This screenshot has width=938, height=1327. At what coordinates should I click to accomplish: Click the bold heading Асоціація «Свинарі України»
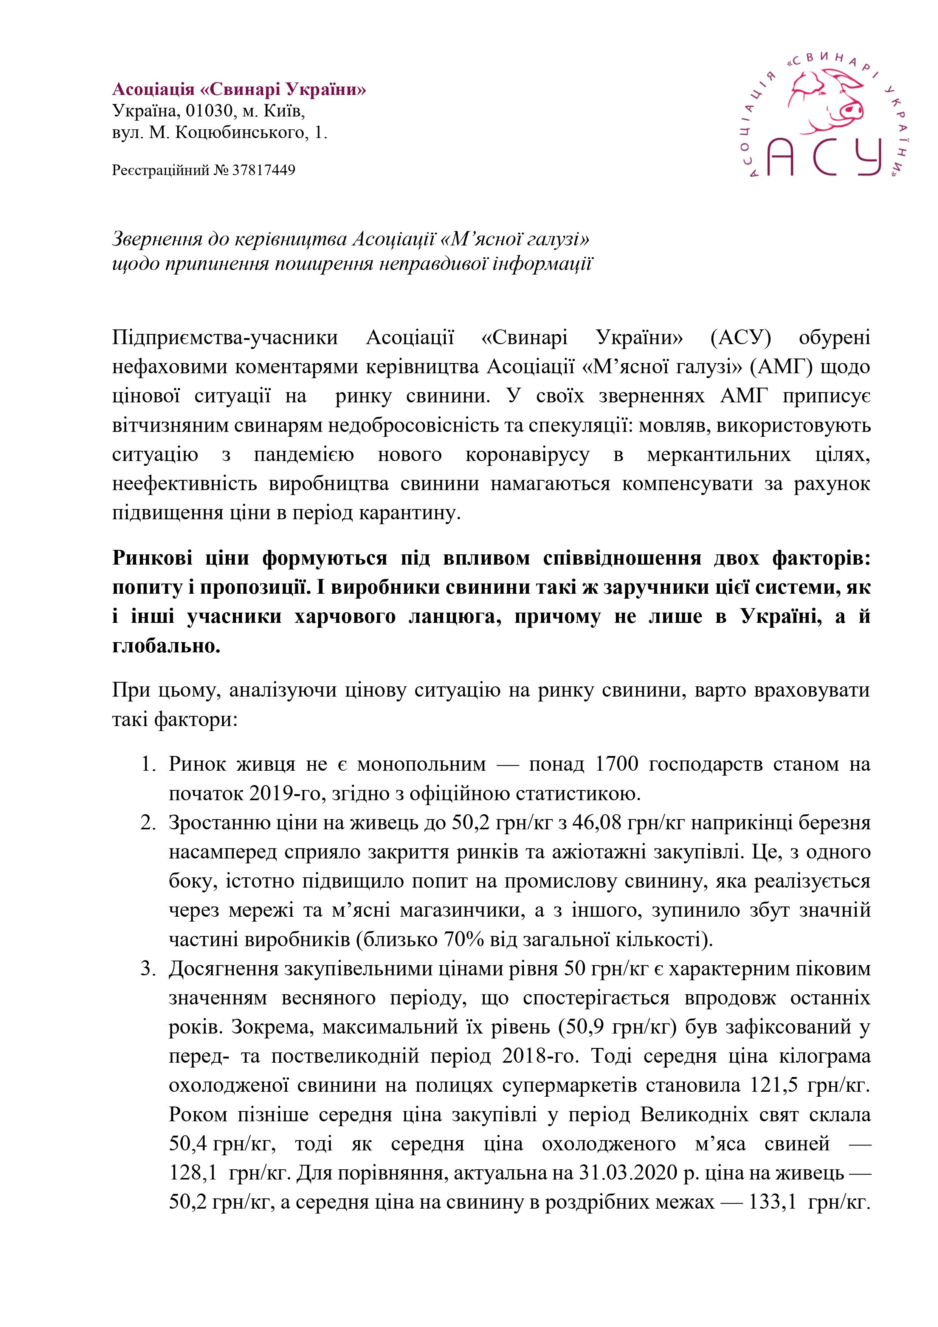click(x=239, y=90)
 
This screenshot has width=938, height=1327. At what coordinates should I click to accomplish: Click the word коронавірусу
click(x=527, y=455)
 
